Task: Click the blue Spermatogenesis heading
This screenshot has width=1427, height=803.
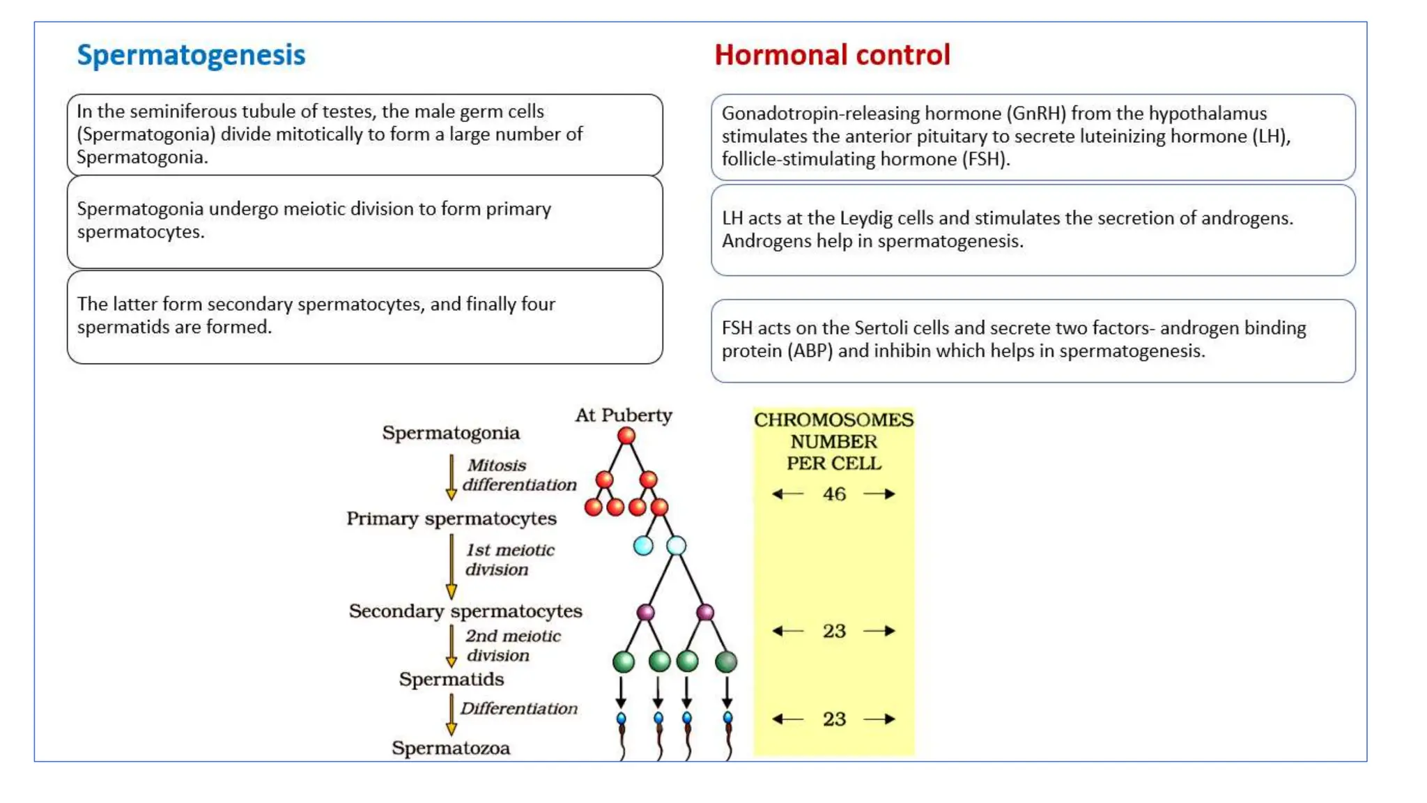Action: pos(191,55)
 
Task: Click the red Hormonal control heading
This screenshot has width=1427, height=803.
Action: pos(832,55)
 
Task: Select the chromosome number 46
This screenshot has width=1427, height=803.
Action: pos(834,494)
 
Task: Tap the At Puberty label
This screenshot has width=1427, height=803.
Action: pos(624,415)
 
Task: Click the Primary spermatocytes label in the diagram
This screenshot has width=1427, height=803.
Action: pos(452,519)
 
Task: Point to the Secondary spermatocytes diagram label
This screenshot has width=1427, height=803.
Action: pos(465,611)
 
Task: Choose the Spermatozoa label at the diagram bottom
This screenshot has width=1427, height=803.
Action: pos(451,748)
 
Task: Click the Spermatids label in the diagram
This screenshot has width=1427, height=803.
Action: pos(452,679)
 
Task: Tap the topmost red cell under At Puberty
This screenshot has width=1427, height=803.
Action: pos(626,436)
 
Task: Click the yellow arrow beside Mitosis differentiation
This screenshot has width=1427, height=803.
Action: pos(452,477)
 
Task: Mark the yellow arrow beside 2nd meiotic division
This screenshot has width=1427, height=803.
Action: pos(452,646)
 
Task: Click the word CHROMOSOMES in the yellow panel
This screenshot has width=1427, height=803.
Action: pos(833,420)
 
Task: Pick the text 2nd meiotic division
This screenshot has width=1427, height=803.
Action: pos(512,645)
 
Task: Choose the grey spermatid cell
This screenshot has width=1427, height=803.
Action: pos(726,661)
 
